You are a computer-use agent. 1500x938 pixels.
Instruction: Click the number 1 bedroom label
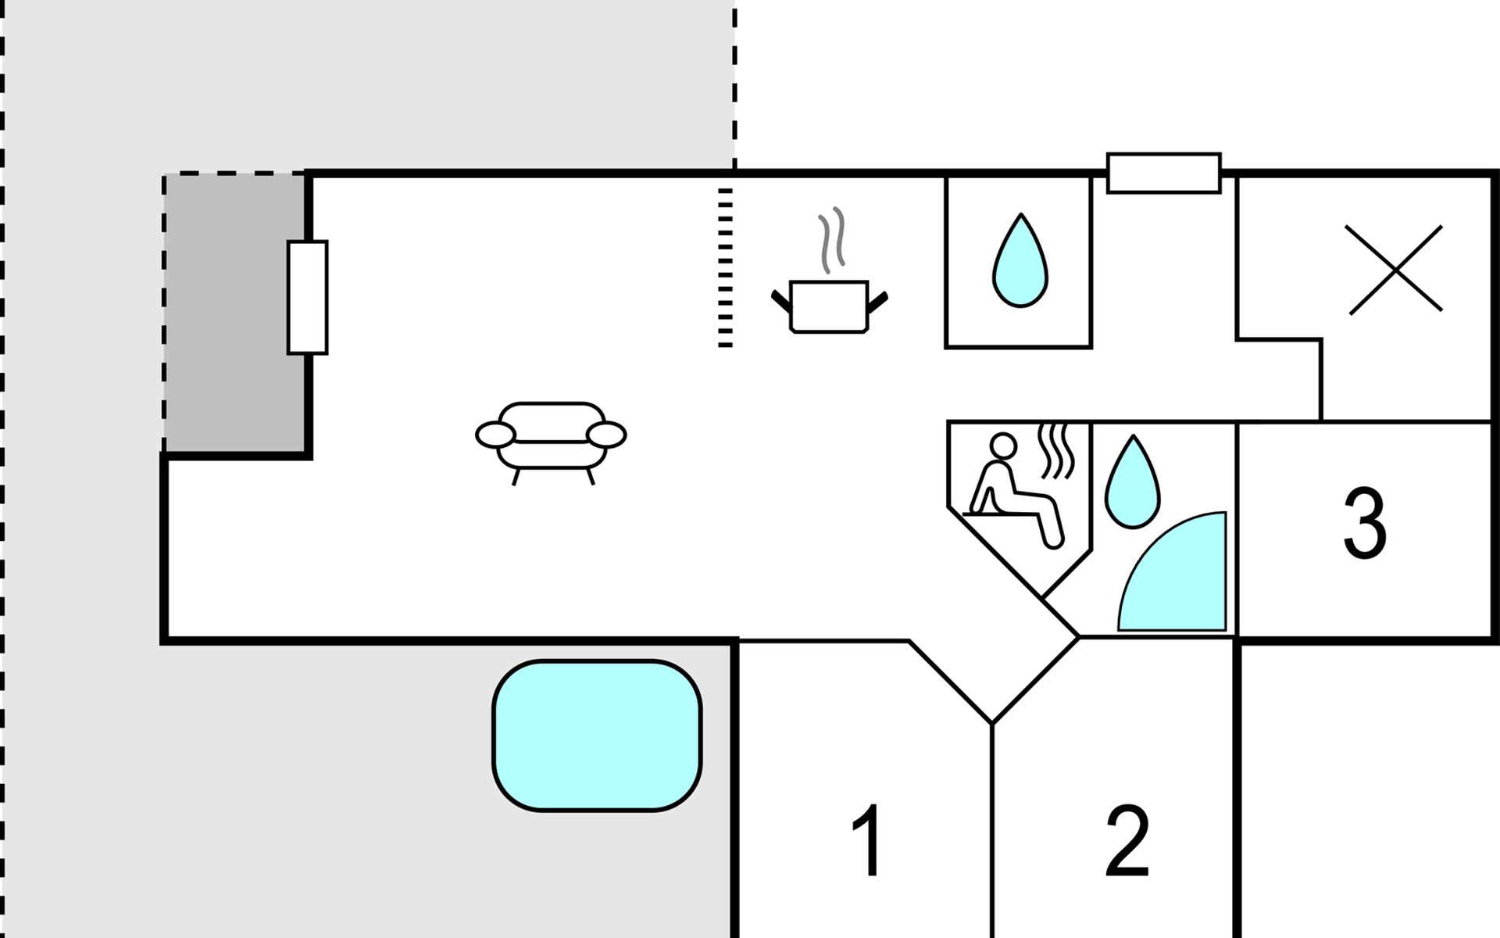867,840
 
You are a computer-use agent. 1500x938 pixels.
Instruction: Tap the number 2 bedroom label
1127,840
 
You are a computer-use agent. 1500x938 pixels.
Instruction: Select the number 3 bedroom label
1364,524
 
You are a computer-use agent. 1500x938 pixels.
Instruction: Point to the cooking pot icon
829,306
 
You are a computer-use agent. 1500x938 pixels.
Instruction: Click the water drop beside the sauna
1132,482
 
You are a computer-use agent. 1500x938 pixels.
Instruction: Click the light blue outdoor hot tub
597,736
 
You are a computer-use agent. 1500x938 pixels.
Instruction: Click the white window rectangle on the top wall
1163,173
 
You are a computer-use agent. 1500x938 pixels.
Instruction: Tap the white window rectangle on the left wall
307,297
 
